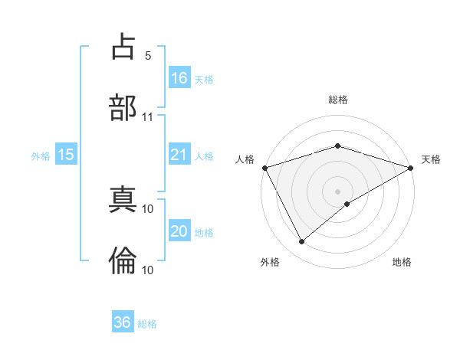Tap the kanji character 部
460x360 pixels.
pyautogui.click(x=123, y=107)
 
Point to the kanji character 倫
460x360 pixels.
pyautogui.click(x=123, y=260)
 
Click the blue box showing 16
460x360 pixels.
pyautogui.click(x=179, y=77)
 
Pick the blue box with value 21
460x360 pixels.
pyautogui.click(x=179, y=155)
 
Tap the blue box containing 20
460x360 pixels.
pyautogui.click(x=179, y=231)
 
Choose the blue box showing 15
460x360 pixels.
pyautogui.click(x=66, y=155)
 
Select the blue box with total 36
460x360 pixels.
pyautogui.click(x=123, y=322)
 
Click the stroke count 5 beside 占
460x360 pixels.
pyautogui.click(x=148, y=56)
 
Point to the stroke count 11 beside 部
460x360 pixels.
pyautogui.click(x=148, y=117)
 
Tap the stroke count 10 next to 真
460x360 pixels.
pyautogui.click(x=148, y=208)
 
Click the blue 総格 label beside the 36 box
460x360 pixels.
pyautogui.click(x=147, y=324)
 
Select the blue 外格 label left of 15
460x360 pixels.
pyautogui.click(x=41, y=155)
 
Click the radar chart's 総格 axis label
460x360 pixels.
pyautogui.click(x=337, y=100)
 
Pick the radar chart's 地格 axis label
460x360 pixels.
pyautogui.click(x=402, y=263)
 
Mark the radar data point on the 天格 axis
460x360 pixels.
pyautogui.click(x=411, y=167)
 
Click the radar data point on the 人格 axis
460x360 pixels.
pyautogui.click(x=264, y=167)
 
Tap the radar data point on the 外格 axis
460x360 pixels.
pyautogui.click(x=302, y=242)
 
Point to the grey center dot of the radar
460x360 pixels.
pyautogui.click(x=337, y=191)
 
